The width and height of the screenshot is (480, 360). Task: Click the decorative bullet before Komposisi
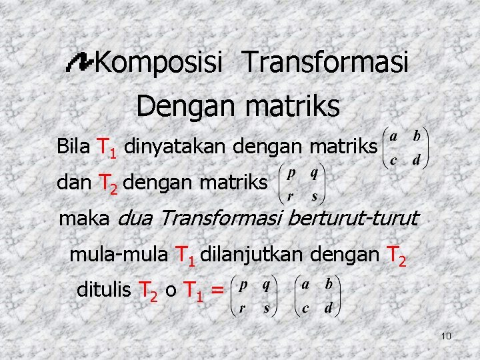(x=81, y=63)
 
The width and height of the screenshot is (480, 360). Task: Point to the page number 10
(x=446, y=335)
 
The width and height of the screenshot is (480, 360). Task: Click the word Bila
(x=74, y=145)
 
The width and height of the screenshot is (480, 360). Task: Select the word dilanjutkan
(x=243, y=254)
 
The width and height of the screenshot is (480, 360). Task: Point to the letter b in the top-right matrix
(x=417, y=135)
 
